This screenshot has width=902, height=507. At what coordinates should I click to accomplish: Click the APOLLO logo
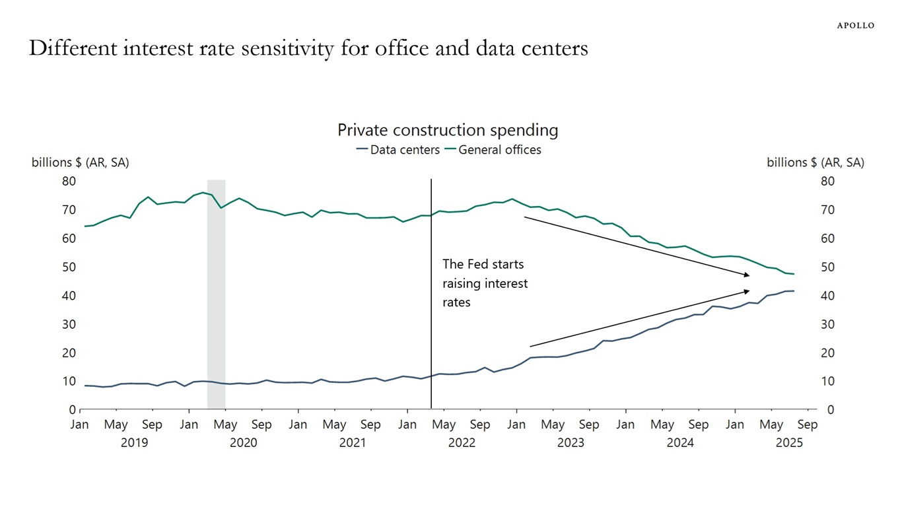point(855,26)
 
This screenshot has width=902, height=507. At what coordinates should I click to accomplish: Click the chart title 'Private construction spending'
point(448,130)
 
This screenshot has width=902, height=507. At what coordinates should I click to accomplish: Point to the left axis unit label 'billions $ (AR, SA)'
point(80,162)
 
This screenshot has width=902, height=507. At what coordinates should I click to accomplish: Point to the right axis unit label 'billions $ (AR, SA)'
point(815,162)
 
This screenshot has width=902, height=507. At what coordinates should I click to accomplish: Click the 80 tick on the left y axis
point(69,181)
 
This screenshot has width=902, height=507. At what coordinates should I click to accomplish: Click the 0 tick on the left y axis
point(73,410)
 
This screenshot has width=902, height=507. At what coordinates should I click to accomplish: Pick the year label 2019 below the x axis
point(134,443)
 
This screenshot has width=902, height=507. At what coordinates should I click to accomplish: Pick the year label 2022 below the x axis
point(462,443)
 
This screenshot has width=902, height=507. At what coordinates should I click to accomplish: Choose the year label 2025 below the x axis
point(789,443)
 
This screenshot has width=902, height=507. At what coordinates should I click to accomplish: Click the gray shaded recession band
point(216,297)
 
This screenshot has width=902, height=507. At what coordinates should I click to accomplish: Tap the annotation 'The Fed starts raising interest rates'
point(485,283)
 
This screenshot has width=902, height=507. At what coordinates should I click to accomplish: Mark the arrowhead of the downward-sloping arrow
point(747,275)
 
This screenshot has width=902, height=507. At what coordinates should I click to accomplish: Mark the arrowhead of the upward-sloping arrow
point(747,290)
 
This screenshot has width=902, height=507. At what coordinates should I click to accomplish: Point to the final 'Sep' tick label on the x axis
point(808,424)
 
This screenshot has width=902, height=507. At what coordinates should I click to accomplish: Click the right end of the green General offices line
point(794,274)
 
